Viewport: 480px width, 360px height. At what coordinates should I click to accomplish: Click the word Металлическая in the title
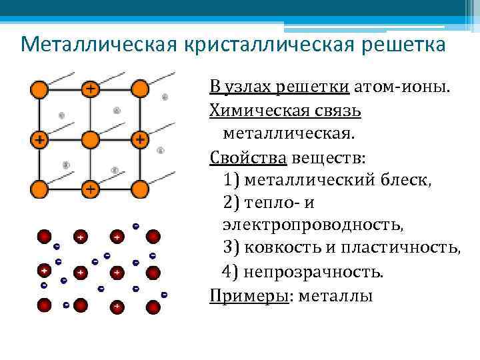tap(93, 45)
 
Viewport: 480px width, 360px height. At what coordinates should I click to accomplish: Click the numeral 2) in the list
tap(233, 203)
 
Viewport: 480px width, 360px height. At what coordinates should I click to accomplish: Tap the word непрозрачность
tap(313, 272)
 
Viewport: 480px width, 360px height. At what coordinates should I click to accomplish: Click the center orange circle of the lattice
tap(89, 139)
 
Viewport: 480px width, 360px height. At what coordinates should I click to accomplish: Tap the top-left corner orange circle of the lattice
tap(39, 88)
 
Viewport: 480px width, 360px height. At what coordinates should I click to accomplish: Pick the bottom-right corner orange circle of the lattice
tap(139, 189)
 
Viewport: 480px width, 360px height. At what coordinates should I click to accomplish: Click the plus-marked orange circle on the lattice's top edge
tap(89, 88)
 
